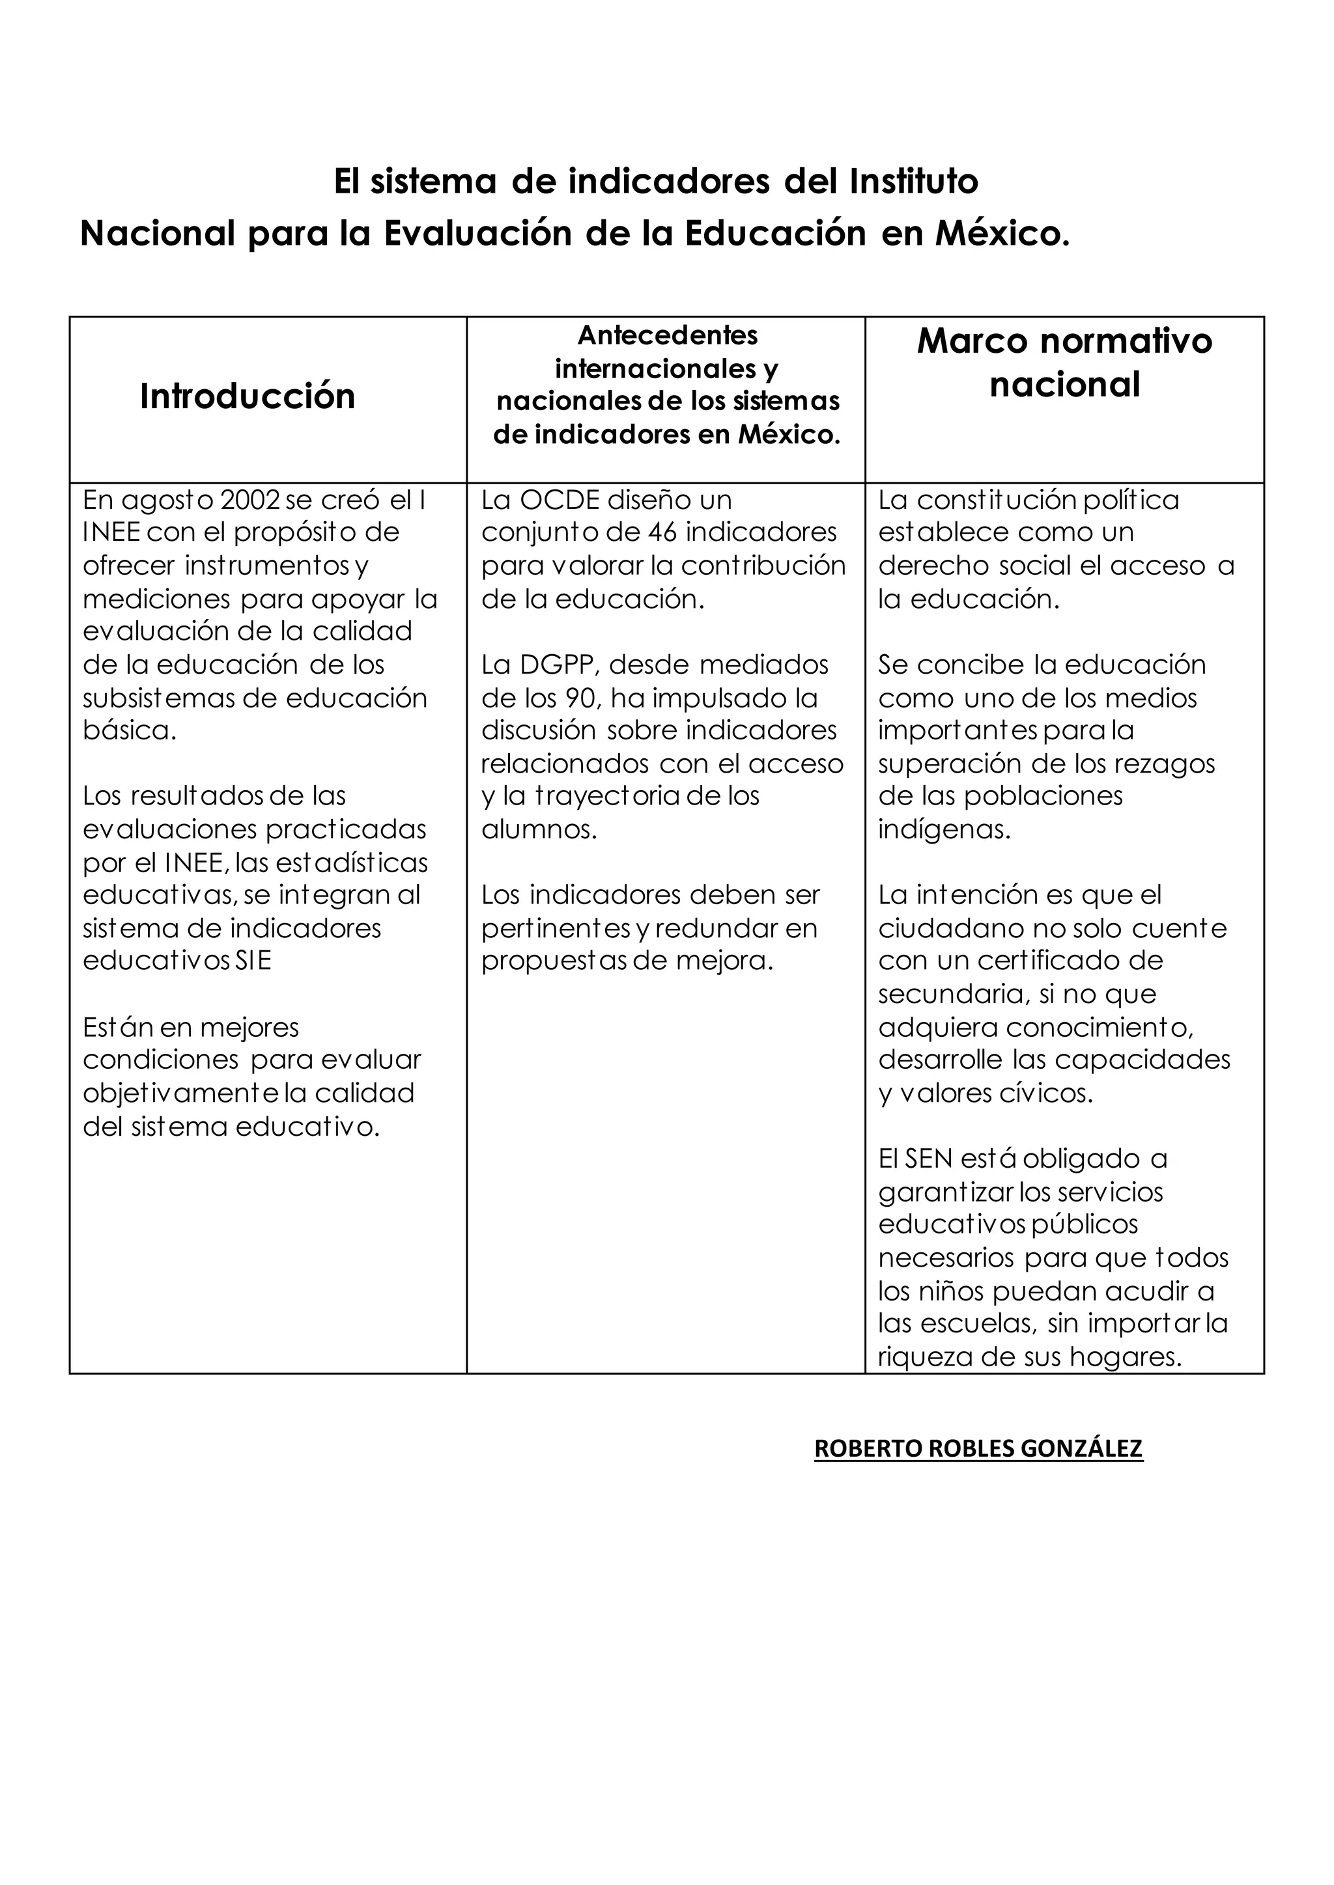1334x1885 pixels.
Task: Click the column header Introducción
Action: (x=248, y=396)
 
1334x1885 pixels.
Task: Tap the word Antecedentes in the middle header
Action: (x=667, y=335)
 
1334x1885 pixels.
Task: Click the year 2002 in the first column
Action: (x=252, y=500)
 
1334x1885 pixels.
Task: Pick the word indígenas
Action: (x=943, y=829)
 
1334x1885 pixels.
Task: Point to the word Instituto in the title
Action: (x=913, y=182)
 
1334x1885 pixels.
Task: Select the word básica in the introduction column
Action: (x=129, y=731)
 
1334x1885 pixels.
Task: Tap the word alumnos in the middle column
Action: (x=538, y=829)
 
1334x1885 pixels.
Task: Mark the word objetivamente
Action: (x=194, y=1094)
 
